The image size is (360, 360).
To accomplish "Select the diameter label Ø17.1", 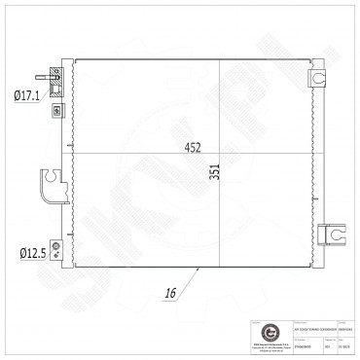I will click(x=26, y=95).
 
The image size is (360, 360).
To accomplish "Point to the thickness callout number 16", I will click(x=171, y=291).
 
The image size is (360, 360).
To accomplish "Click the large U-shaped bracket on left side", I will click(x=50, y=182).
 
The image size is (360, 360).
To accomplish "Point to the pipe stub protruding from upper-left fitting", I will click(x=42, y=75).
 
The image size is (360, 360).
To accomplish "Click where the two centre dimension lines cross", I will click(x=219, y=156).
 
